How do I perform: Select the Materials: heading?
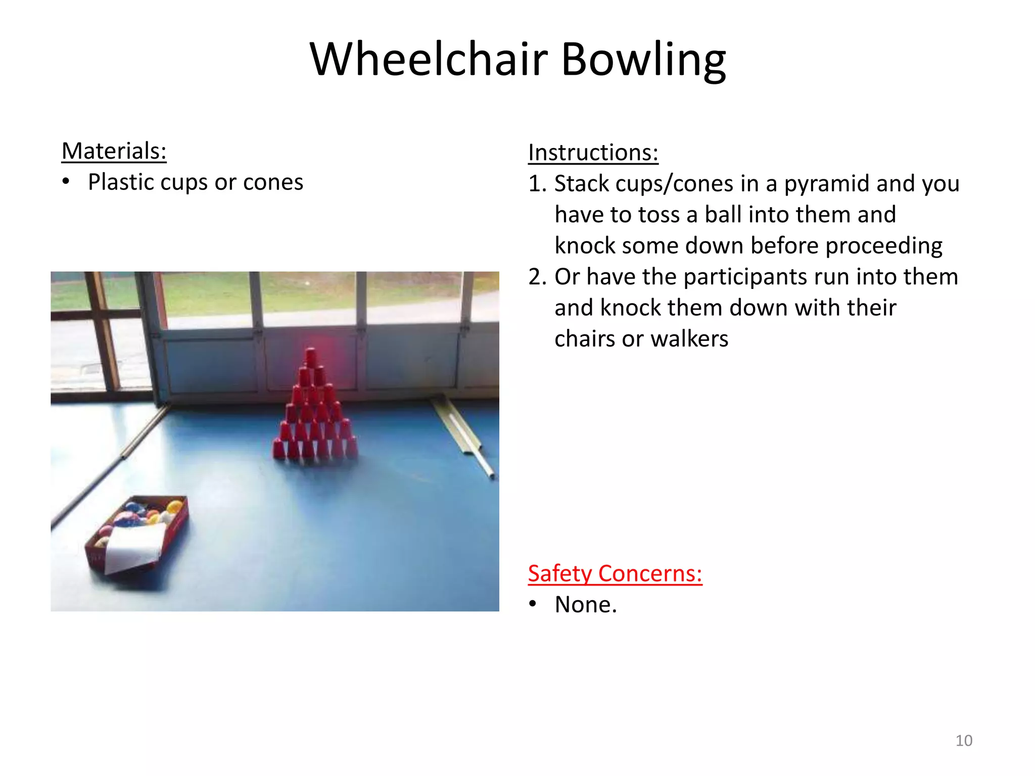tap(114, 151)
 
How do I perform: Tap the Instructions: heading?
tap(593, 153)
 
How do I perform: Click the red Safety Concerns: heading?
tap(615, 573)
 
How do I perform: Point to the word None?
tap(585, 605)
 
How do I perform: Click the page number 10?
tap(963, 741)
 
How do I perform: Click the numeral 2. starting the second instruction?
tap(537, 277)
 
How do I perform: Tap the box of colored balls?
tap(136, 533)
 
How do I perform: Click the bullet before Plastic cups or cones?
tap(66, 182)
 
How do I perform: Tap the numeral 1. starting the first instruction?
tap(537, 184)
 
